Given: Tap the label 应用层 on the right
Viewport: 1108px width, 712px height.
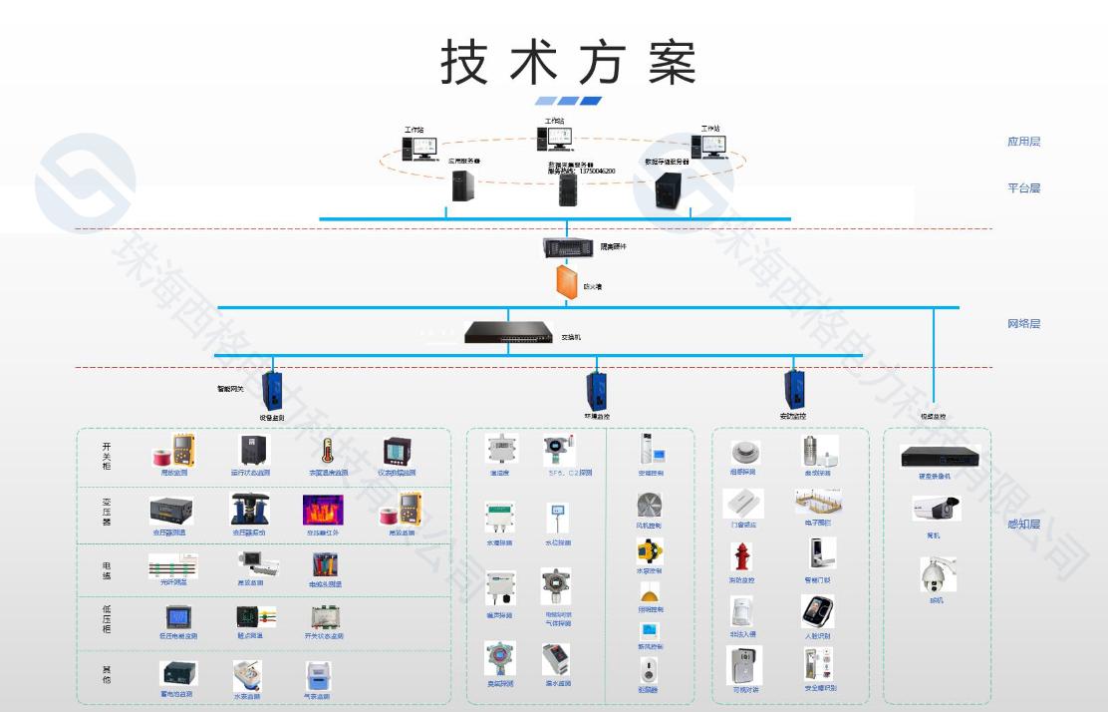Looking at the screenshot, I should tap(1023, 142).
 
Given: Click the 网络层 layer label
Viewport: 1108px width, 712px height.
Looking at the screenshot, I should tap(1023, 324).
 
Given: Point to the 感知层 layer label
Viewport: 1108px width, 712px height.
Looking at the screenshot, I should tap(1023, 525).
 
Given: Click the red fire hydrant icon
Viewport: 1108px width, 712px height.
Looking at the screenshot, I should tap(741, 556).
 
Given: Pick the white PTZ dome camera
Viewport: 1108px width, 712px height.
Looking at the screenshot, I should tap(937, 575).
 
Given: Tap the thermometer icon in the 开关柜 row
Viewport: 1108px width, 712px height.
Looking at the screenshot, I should tap(326, 452).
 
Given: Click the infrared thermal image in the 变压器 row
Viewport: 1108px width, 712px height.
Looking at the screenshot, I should tap(323, 510).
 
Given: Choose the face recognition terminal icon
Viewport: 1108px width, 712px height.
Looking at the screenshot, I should tap(817, 611).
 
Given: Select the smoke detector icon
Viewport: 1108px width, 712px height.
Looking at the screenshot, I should tap(741, 451).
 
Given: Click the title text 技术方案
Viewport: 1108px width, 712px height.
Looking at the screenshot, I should tap(568, 62).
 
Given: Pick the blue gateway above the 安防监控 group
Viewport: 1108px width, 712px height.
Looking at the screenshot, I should tap(794, 387).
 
